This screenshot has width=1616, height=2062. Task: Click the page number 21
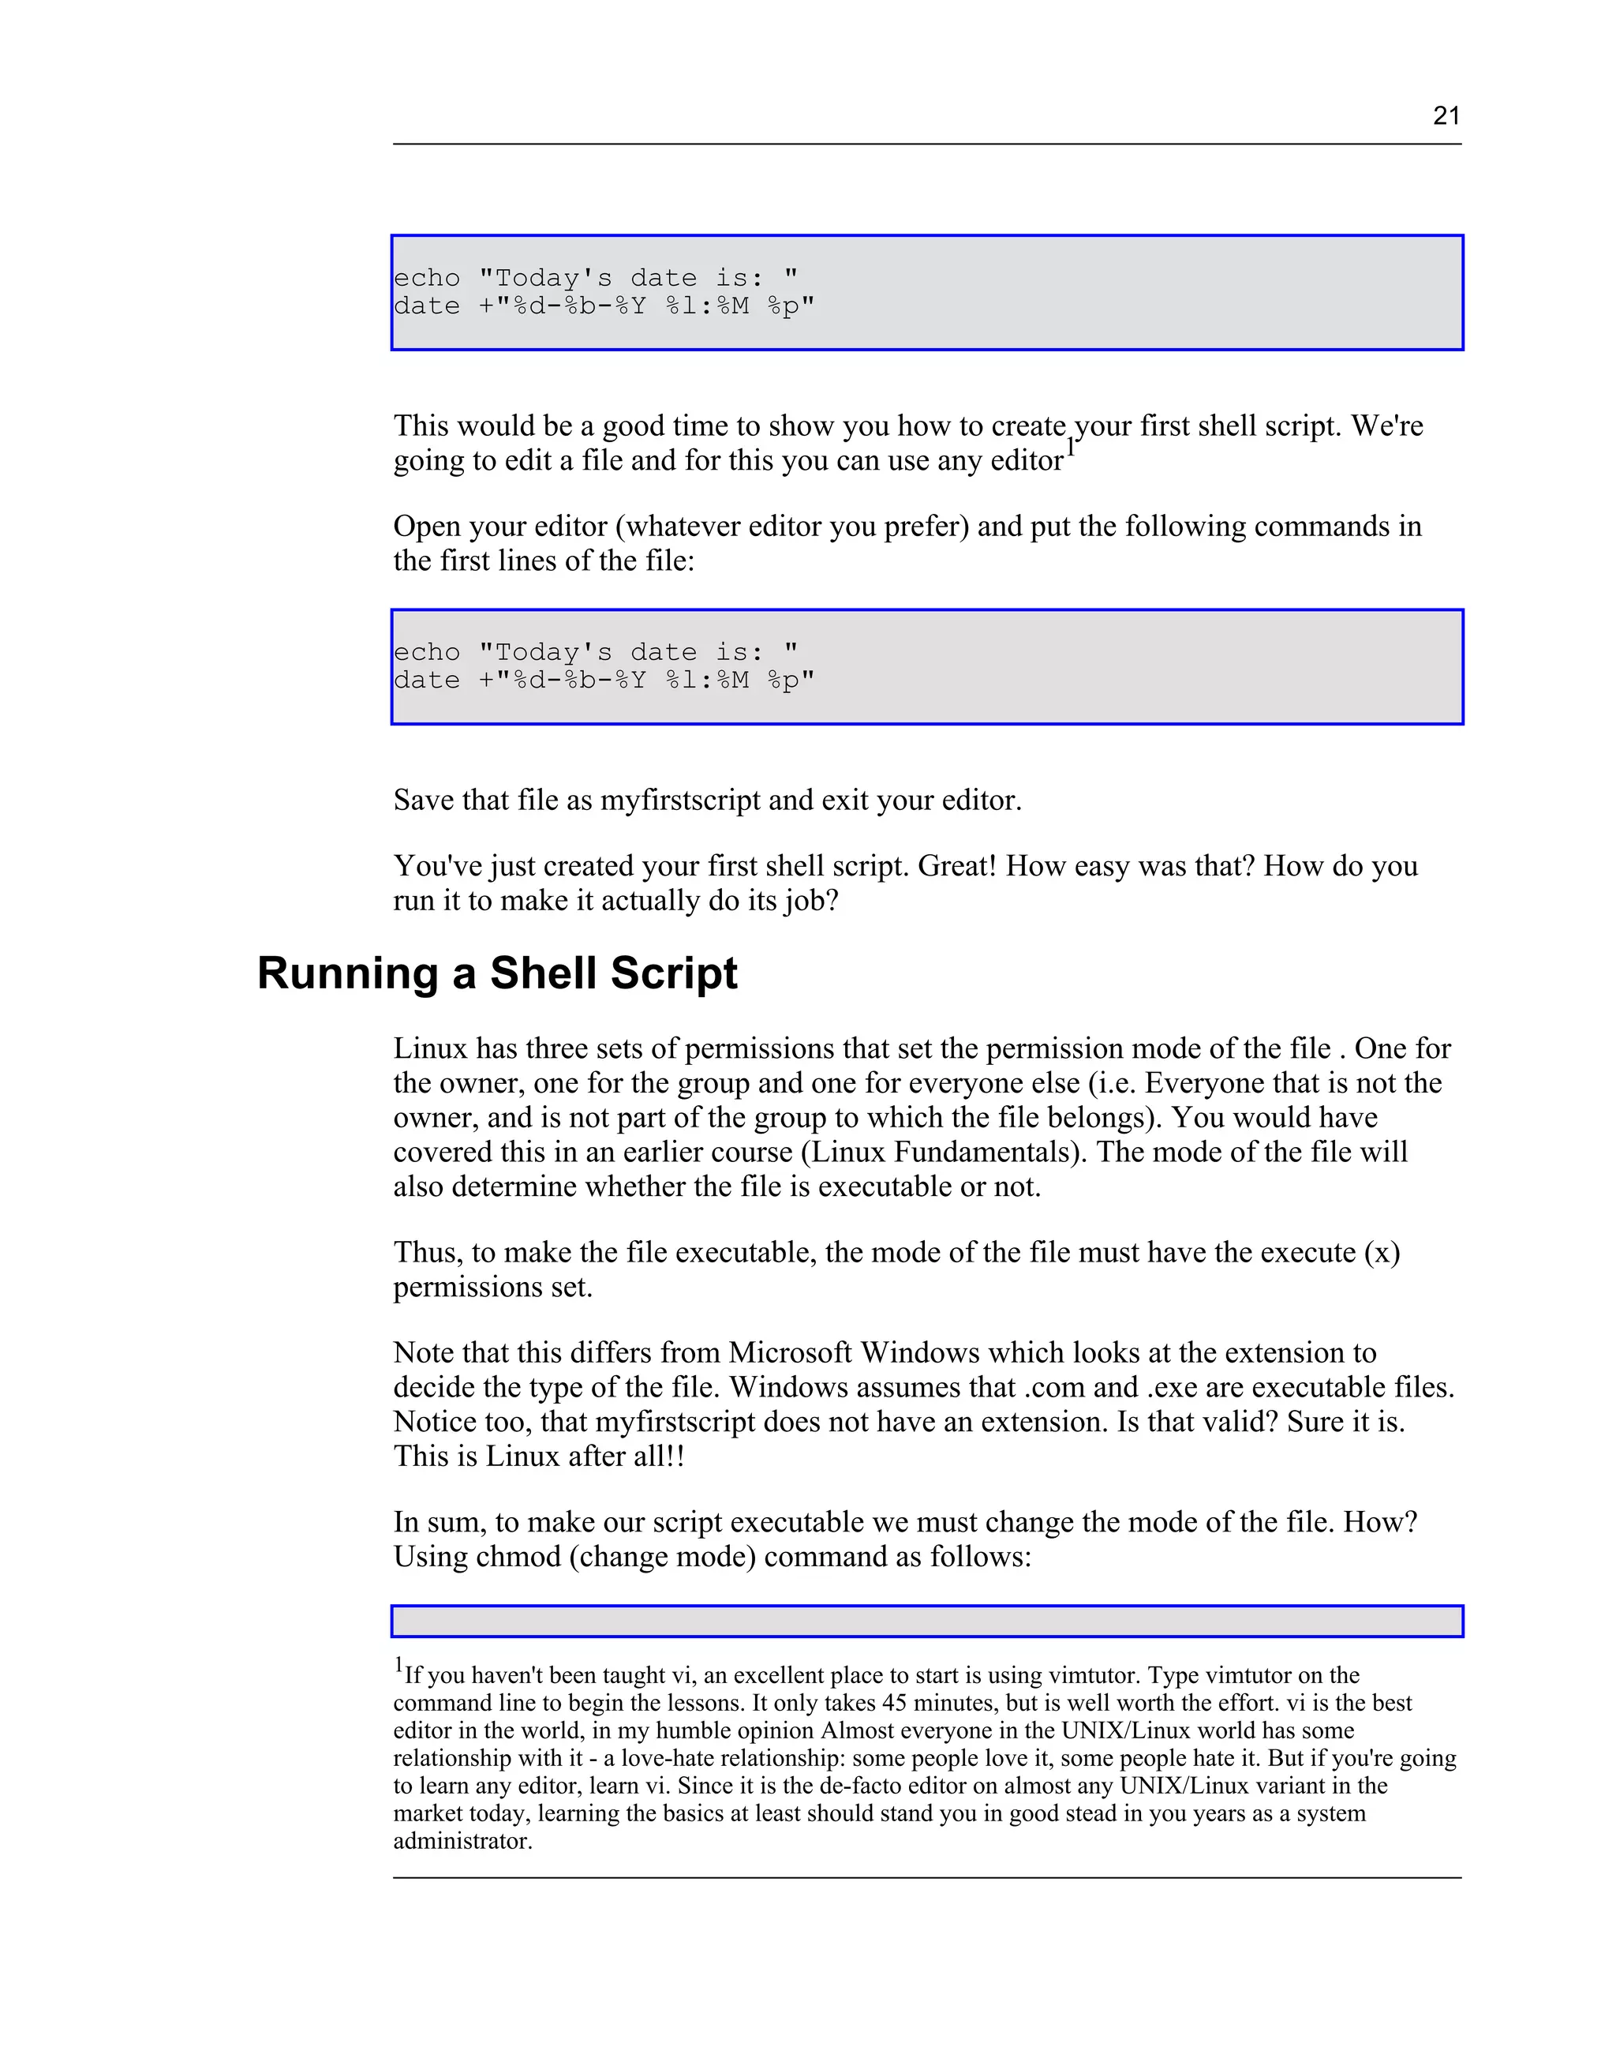[1446, 115]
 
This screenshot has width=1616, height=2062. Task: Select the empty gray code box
[926, 1621]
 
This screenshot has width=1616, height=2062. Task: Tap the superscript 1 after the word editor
[1071, 448]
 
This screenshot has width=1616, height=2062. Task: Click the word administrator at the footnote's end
[462, 1841]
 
